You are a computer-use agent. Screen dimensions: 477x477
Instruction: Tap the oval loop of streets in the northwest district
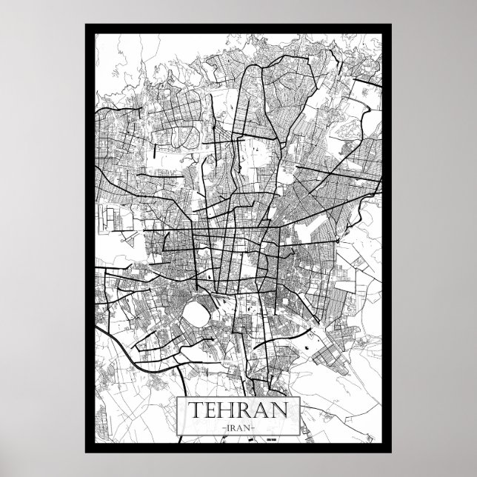click(178, 136)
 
